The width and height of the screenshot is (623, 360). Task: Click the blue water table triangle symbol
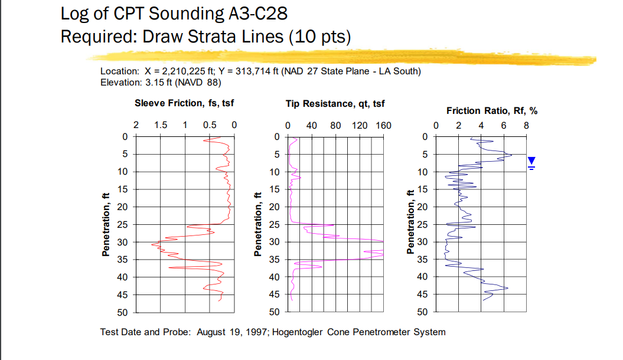point(531,161)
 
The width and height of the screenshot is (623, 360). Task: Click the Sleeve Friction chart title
point(184,103)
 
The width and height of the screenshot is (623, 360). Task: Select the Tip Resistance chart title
point(335,103)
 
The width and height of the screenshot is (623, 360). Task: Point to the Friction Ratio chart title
point(491,110)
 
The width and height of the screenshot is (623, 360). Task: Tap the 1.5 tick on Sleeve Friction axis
point(160,125)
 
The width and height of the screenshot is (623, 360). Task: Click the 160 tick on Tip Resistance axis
point(383,125)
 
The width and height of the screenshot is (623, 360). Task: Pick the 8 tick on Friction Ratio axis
point(526,125)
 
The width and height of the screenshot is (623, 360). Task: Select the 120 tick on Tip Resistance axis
point(360,125)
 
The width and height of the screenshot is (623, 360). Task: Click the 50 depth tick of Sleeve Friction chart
point(125,312)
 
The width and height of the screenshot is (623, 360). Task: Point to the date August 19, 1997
point(231,332)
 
